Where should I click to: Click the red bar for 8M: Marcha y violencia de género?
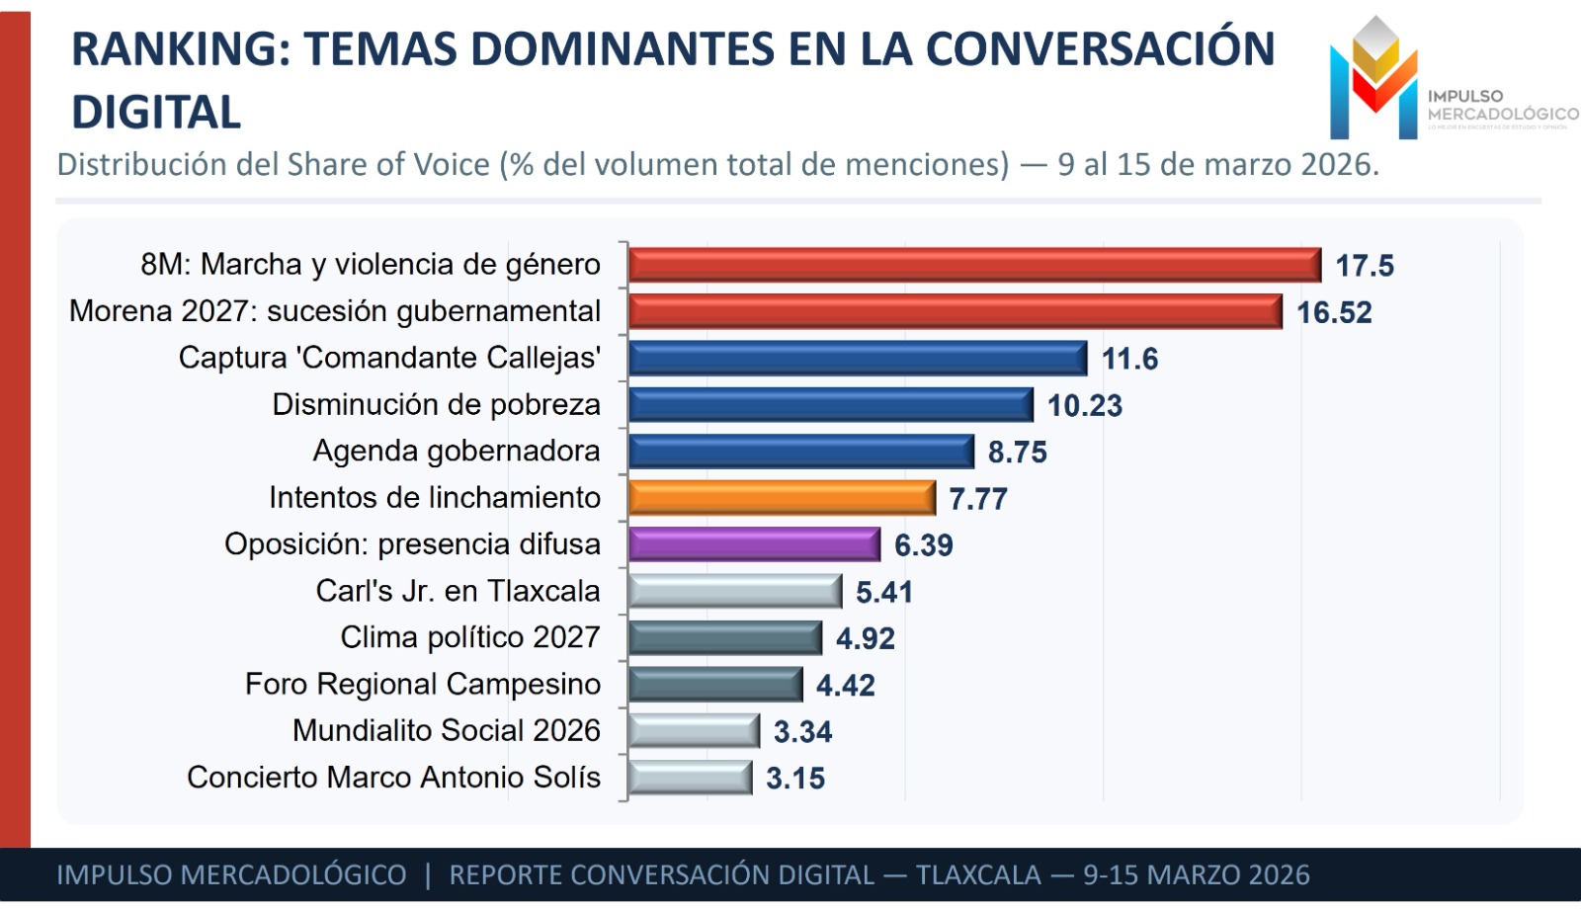click(x=973, y=265)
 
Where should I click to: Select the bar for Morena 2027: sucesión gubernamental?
click(x=955, y=311)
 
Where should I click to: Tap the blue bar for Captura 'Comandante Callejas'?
click(x=857, y=358)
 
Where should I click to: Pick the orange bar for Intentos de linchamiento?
click(x=781, y=498)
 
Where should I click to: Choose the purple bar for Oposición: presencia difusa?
click(x=753, y=544)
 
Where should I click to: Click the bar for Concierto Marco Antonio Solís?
click(x=690, y=778)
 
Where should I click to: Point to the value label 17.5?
click(x=1364, y=266)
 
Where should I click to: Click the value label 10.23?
click(x=1084, y=406)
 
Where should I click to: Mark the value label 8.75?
click(x=1017, y=453)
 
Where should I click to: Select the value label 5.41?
click(x=883, y=592)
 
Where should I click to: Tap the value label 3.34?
click(x=802, y=732)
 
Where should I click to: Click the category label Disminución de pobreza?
click(x=436, y=405)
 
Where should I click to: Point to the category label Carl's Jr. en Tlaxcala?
click(x=458, y=591)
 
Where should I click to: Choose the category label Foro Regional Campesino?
click(x=422, y=684)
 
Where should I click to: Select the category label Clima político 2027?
click(x=469, y=637)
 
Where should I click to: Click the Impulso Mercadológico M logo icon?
click(x=1373, y=79)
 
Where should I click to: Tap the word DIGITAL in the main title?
click(x=156, y=112)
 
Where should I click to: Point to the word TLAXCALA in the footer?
click(x=977, y=875)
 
